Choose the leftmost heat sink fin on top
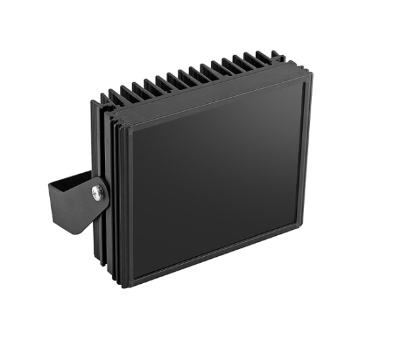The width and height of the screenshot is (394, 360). tap(106, 99)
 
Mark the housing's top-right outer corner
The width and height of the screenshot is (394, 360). tap(311, 70)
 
